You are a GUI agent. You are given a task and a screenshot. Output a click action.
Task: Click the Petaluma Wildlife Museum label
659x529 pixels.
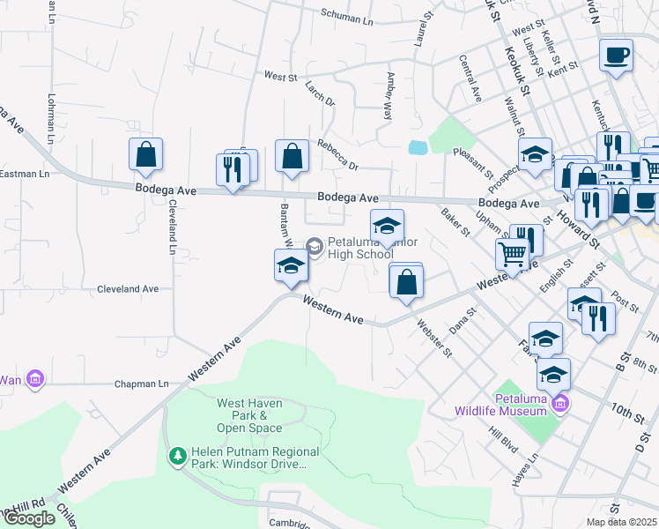tap(505, 404)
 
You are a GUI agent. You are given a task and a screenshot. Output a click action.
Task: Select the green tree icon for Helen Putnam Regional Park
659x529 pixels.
tap(177, 456)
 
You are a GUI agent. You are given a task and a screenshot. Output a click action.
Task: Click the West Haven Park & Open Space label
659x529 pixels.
tap(250, 415)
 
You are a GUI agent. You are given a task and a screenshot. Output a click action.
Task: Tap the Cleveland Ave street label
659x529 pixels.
tap(128, 288)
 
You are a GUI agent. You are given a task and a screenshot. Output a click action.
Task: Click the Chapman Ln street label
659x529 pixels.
tap(142, 384)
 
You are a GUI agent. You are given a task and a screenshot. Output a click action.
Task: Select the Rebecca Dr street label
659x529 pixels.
tap(338, 154)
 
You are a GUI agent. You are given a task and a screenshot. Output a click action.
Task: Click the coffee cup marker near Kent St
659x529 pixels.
tap(616, 55)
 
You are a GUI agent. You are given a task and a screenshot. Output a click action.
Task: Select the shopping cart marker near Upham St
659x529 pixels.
tap(512, 254)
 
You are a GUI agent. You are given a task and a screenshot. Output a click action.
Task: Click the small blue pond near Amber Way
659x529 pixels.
tap(418, 146)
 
